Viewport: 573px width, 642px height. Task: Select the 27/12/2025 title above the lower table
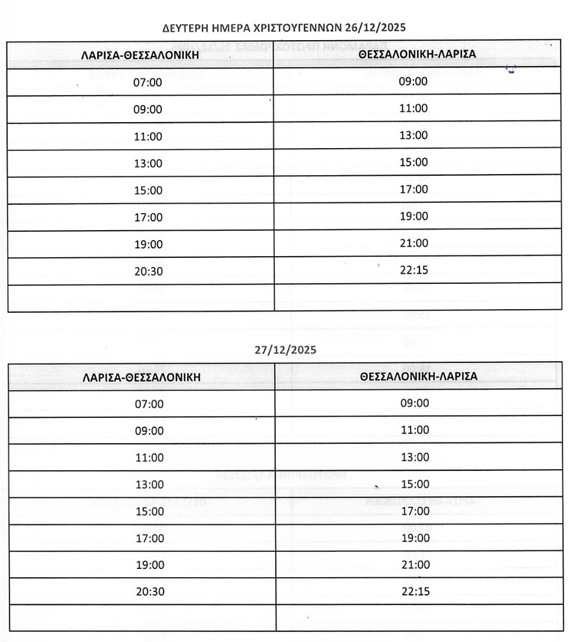coord(285,349)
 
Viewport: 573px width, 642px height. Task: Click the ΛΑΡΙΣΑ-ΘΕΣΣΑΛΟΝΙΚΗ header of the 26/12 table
coord(140,55)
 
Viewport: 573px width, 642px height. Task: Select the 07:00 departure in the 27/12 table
coord(150,404)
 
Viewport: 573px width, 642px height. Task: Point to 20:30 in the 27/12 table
coord(150,592)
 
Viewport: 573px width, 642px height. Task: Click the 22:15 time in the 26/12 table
coord(414,270)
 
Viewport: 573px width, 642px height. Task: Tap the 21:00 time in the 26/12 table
coord(414,243)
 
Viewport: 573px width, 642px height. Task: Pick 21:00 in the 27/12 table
coord(415,565)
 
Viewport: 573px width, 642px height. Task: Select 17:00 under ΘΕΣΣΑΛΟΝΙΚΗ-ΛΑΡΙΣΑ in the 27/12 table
coord(415,511)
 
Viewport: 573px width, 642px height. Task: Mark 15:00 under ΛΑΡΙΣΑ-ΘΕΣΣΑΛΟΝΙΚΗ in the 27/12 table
coord(150,512)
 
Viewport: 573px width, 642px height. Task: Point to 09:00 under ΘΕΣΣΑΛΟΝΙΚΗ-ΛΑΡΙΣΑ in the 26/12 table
coord(414,81)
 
